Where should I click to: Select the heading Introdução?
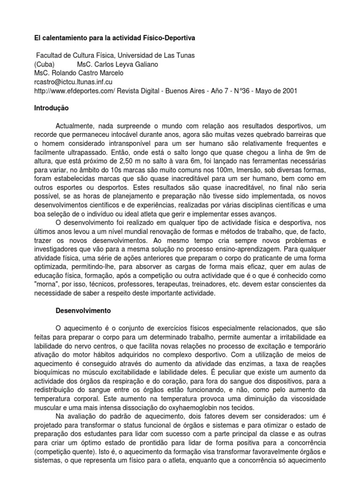pyautogui.click(x=52, y=108)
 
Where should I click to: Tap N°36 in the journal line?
pyautogui.click(x=242, y=90)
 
